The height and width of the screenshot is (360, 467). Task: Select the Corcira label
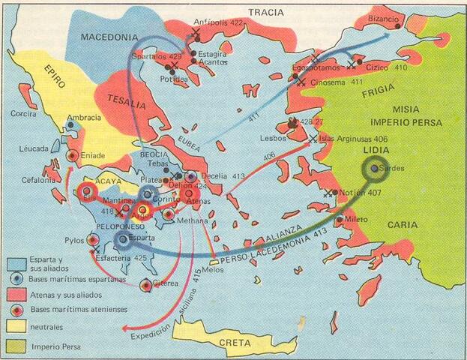point(23,114)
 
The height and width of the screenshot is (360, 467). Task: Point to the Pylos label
point(75,241)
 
